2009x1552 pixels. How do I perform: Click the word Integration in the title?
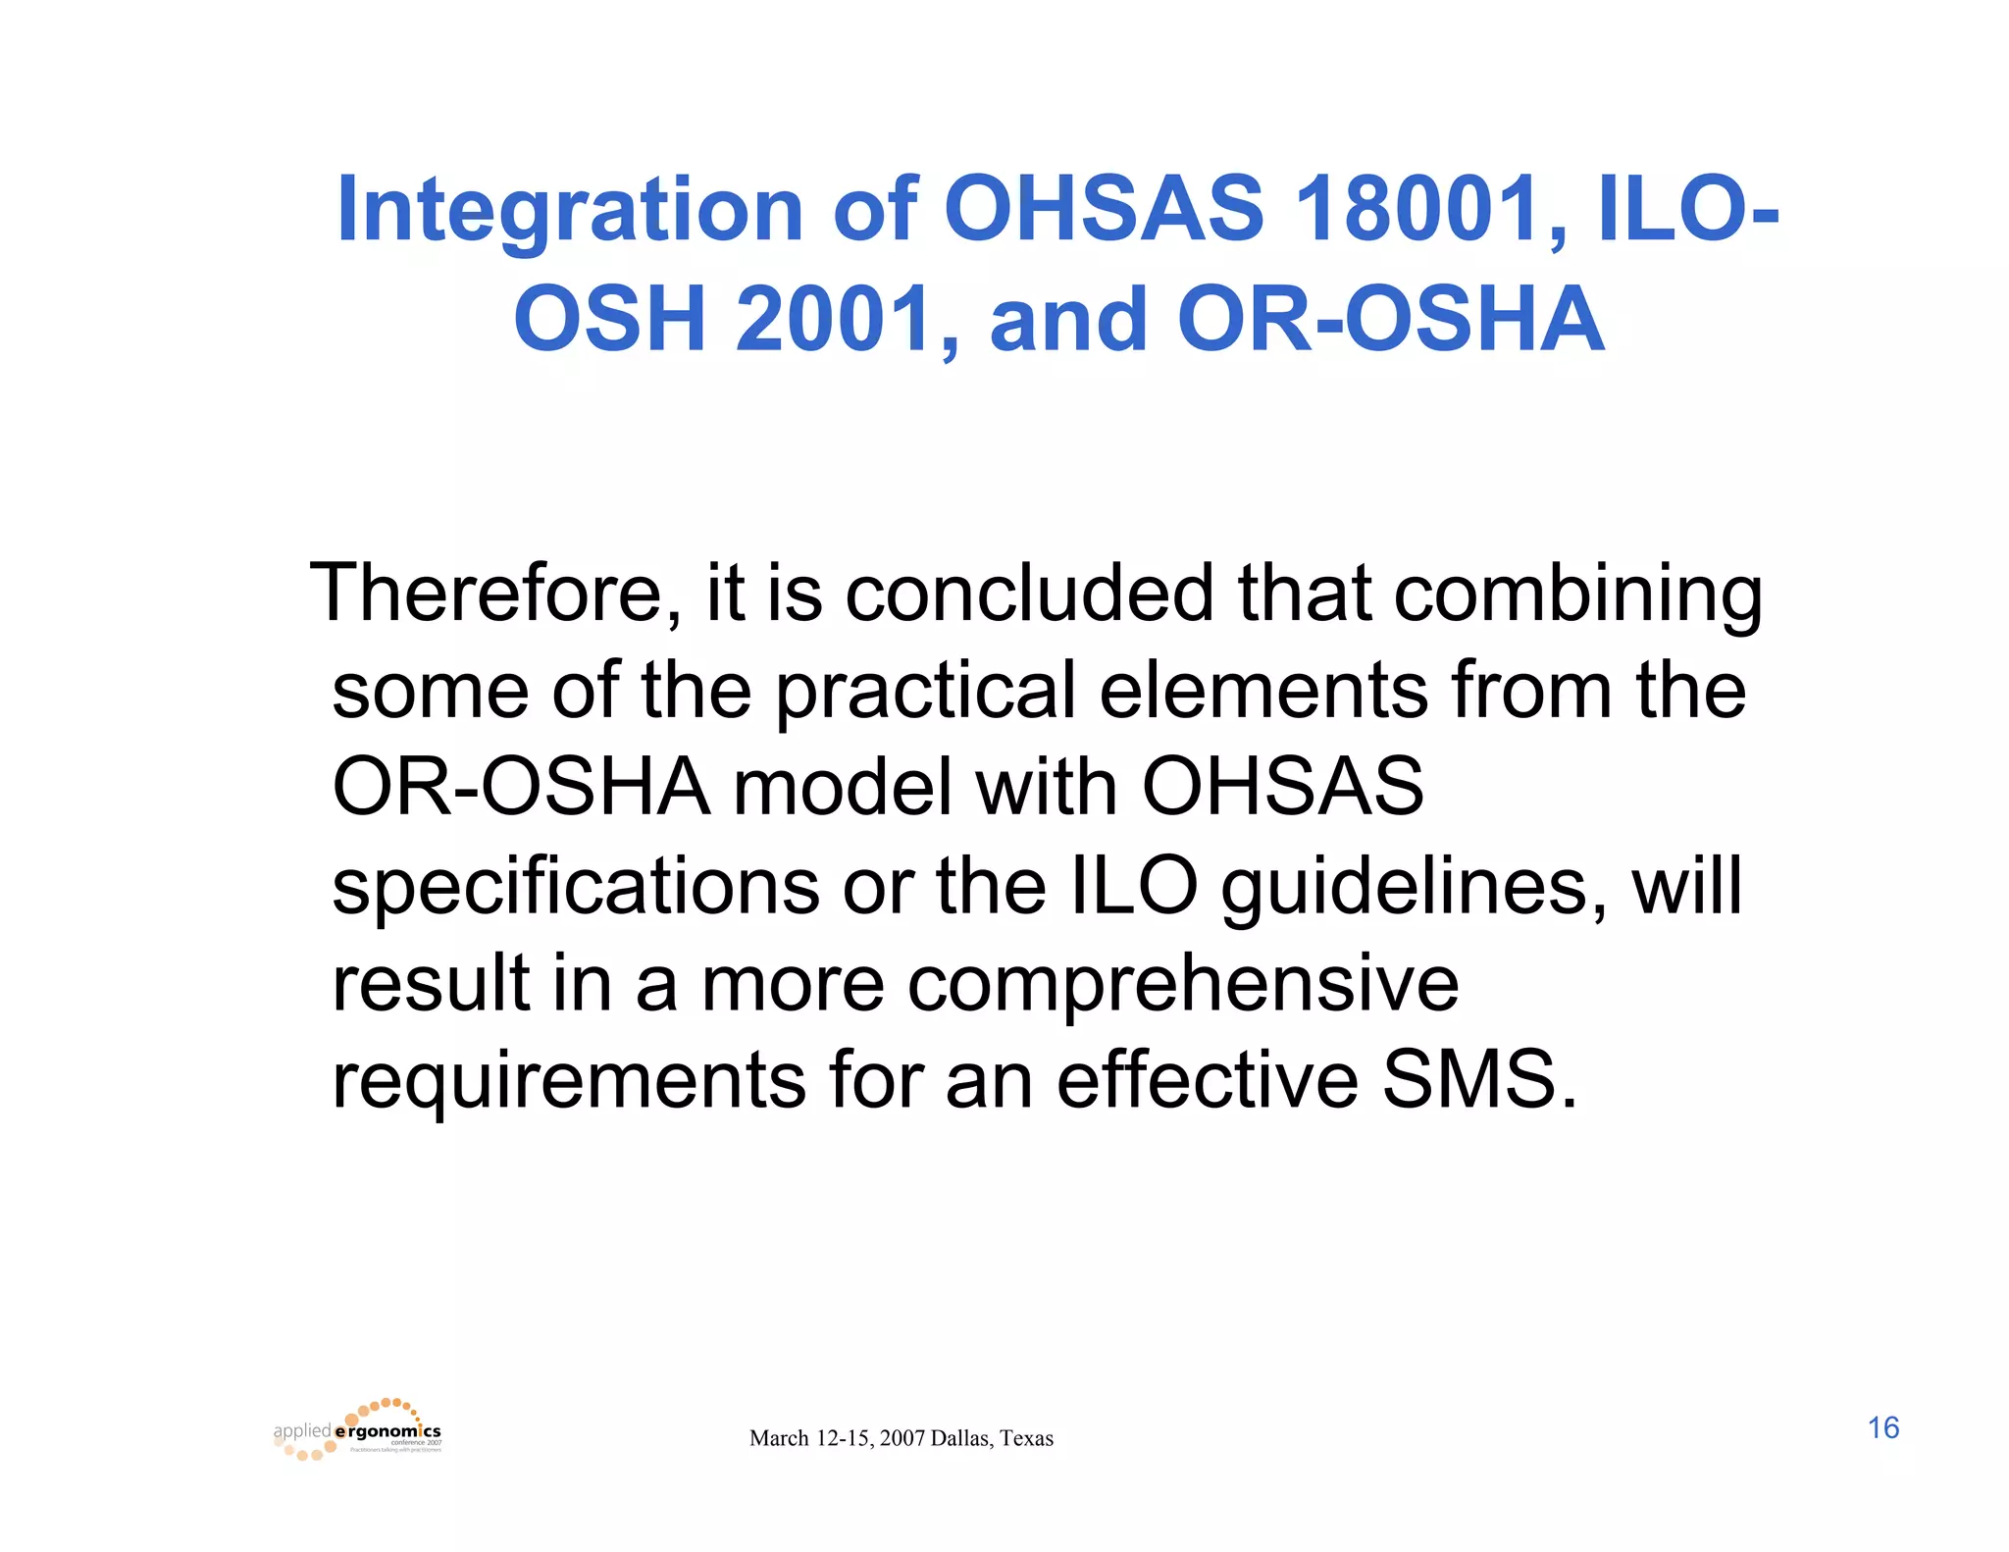coord(569,211)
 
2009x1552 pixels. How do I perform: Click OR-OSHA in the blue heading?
coord(1390,320)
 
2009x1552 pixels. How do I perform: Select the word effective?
coord(1208,1080)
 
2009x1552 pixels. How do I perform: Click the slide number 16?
coord(1882,1428)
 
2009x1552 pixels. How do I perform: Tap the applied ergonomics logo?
coord(358,1431)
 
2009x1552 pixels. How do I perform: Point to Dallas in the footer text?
coord(960,1439)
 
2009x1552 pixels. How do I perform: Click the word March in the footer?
coord(779,1439)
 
